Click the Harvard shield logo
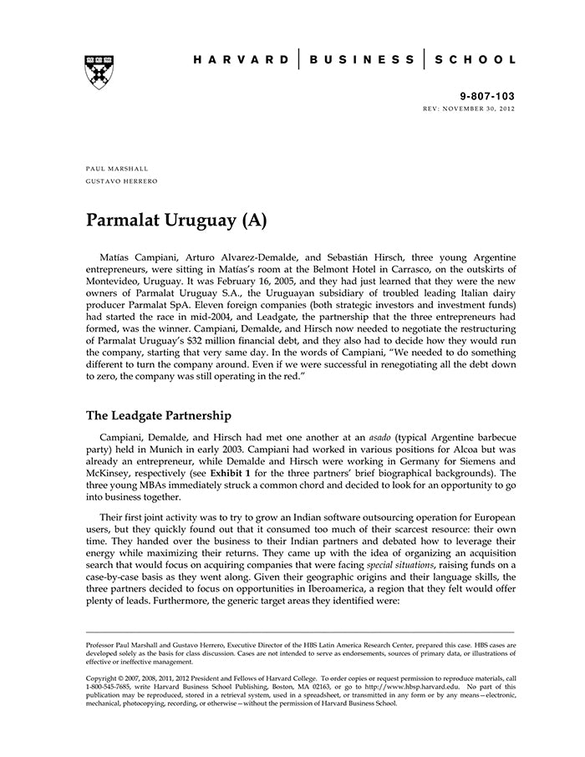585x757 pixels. coord(99,73)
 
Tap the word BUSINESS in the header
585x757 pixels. coord(361,60)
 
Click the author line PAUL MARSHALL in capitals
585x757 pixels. coord(117,169)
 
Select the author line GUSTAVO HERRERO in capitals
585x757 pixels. coord(121,181)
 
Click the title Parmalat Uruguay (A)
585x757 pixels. coord(176,221)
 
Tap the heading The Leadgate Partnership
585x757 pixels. coord(159,415)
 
